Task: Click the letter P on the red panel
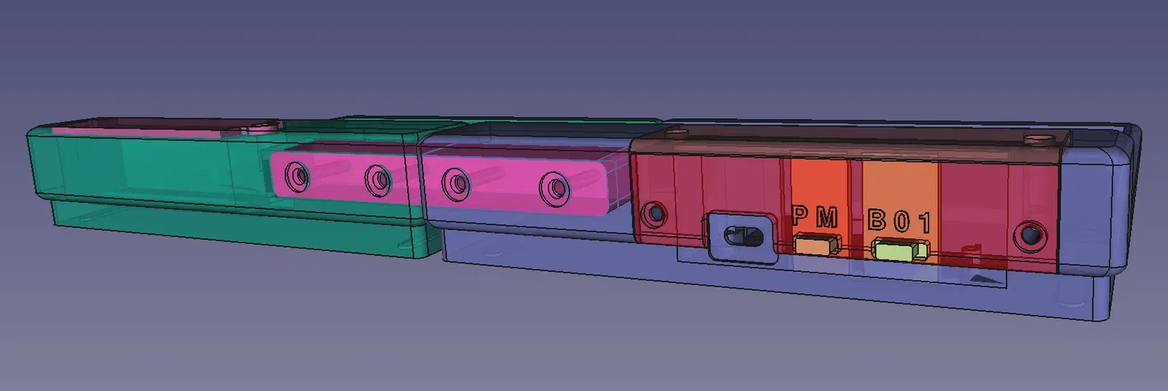click(x=801, y=216)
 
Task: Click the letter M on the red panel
click(x=827, y=217)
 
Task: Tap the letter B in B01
click(x=877, y=219)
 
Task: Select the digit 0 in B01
click(x=902, y=221)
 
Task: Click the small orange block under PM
click(x=817, y=244)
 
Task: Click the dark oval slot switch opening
click(x=743, y=235)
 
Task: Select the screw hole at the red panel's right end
click(x=1030, y=235)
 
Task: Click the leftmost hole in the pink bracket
click(x=297, y=176)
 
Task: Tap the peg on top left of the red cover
click(x=679, y=133)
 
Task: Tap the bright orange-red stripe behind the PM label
click(x=819, y=183)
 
